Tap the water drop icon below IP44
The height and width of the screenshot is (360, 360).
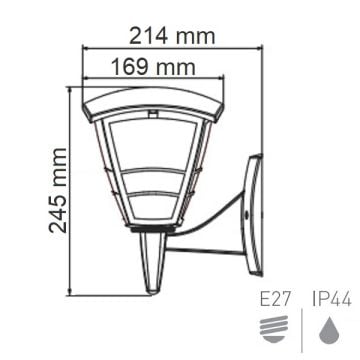tap(327, 328)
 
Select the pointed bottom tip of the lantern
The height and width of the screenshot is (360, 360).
tap(151, 285)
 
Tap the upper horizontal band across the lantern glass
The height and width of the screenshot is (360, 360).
tap(152, 173)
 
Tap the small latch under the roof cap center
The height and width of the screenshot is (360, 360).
tap(153, 117)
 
